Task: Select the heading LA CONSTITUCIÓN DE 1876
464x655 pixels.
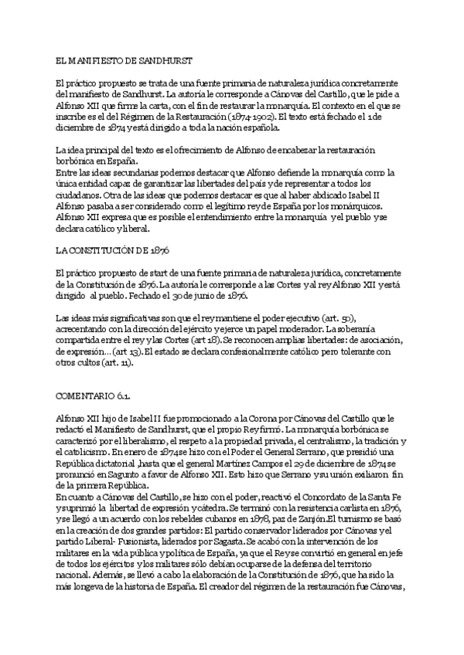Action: point(113,251)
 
